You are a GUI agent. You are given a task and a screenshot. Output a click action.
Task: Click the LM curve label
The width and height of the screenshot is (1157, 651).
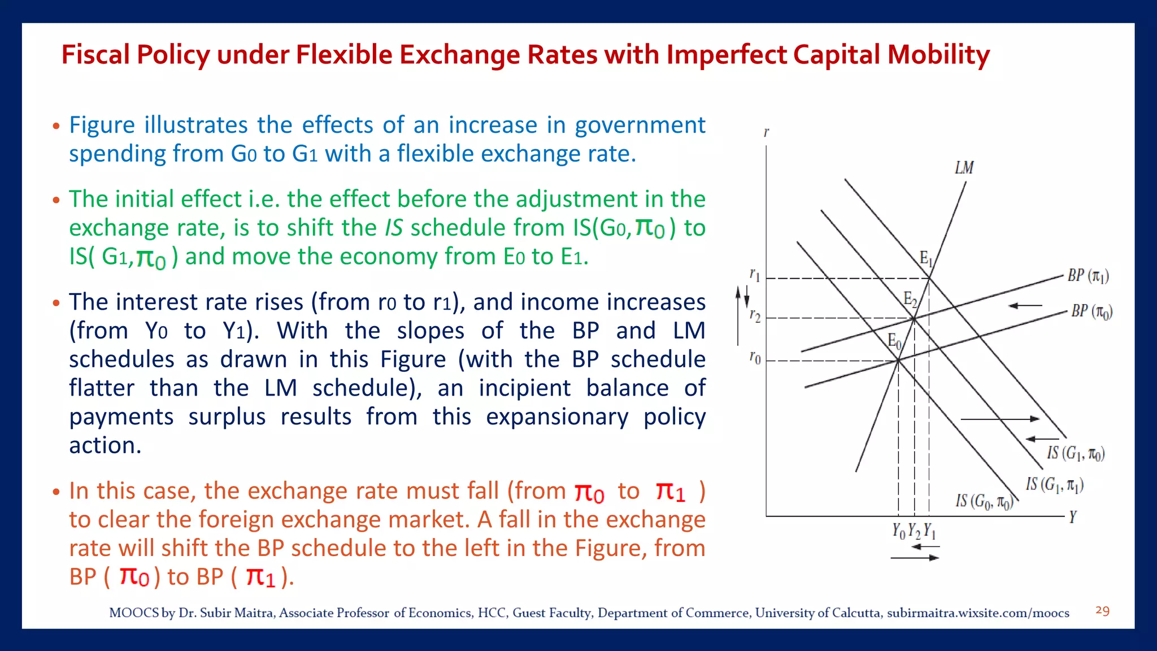click(964, 168)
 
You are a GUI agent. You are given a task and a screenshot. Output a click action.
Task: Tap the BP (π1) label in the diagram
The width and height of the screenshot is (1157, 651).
click(1088, 276)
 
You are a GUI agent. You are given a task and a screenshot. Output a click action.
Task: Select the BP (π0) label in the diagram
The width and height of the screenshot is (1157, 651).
click(1091, 311)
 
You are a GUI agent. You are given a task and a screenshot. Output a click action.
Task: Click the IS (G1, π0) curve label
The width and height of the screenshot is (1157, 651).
click(1076, 453)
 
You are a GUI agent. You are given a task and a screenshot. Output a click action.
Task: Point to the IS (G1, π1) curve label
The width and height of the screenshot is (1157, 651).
click(1054, 484)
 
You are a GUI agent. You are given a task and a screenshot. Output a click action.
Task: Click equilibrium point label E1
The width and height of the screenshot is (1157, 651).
click(925, 259)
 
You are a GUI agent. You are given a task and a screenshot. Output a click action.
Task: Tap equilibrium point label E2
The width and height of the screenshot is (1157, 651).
click(910, 299)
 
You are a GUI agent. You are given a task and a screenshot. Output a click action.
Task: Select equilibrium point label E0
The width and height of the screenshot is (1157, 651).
click(894, 341)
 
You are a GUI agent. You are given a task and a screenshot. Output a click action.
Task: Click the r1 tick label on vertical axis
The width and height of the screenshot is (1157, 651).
click(755, 275)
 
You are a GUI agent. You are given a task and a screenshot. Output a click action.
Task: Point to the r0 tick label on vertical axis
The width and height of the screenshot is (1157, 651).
click(755, 358)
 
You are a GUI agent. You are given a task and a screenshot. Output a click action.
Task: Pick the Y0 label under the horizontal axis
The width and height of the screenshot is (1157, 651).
click(898, 531)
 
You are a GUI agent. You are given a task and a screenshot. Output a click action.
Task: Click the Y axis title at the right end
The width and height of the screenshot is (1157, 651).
click(1073, 517)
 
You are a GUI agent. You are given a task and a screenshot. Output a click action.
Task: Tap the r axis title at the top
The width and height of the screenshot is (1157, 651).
click(766, 132)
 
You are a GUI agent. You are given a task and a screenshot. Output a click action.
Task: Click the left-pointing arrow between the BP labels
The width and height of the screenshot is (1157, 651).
click(1025, 306)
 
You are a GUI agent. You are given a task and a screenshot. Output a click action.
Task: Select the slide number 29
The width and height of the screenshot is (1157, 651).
click(1102, 610)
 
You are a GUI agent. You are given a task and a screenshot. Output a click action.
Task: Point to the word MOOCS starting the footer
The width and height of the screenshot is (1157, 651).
click(133, 613)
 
